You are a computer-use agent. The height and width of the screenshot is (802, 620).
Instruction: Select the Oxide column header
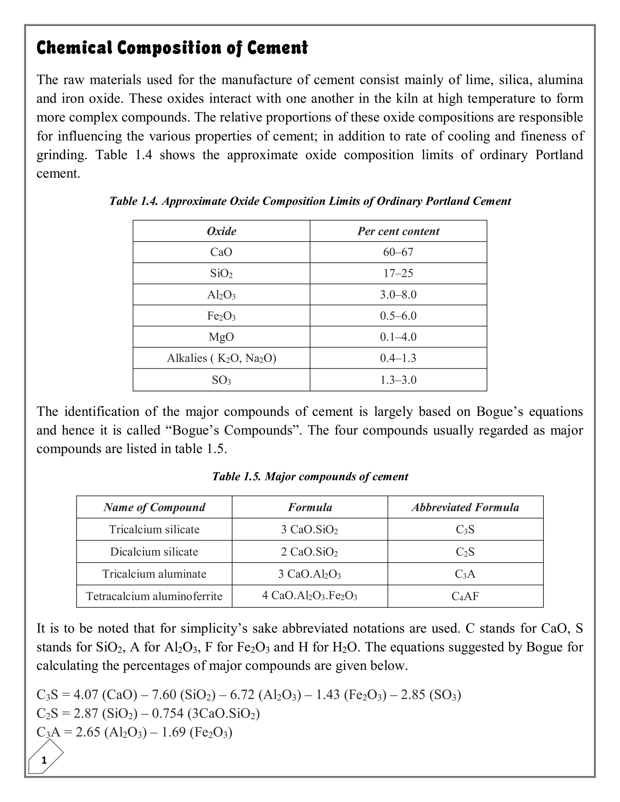click(222, 231)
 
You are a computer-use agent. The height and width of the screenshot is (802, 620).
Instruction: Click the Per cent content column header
click(398, 231)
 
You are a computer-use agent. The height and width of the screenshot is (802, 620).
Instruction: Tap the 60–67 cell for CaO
click(398, 252)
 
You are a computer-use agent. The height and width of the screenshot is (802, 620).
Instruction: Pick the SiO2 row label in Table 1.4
click(222, 274)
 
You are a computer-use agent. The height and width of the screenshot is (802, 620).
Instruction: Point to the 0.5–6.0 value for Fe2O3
click(398, 316)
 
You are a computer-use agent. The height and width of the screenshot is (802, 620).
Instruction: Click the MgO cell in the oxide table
click(222, 337)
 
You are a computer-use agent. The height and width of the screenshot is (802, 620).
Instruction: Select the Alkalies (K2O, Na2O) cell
click(222, 358)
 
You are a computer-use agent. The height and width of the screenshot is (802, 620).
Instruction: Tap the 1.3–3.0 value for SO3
click(398, 380)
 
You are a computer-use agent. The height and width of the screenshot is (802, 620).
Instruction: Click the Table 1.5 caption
click(310, 476)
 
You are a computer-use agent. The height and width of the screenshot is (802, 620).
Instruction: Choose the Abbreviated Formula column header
click(465, 507)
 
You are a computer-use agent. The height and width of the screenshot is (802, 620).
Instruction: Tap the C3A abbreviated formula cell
click(465, 574)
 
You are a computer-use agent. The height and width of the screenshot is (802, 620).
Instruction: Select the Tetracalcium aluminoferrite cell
click(154, 596)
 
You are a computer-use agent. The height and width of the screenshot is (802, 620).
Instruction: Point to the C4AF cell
click(465, 596)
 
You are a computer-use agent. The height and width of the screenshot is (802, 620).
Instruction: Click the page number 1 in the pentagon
click(44, 760)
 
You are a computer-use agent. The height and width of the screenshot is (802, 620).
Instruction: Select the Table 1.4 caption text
click(310, 201)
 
